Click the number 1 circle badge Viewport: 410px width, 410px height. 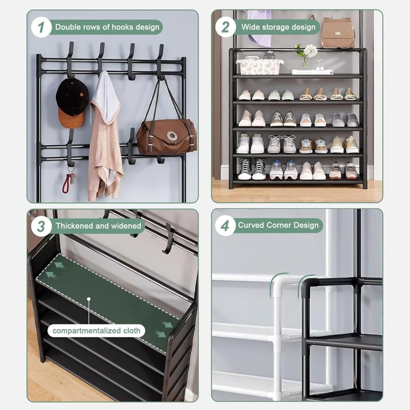coord(41,27)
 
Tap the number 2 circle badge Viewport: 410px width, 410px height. coord(225,27)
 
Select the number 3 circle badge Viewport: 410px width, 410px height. coord(41,226)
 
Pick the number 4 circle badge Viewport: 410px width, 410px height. coord(225,225)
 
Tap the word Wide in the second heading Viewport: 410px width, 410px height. coord(251,27)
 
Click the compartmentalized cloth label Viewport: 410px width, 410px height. coord(96,331)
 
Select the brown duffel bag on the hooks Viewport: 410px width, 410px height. coord(166,137)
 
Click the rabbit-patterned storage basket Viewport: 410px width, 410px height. coord(260,66)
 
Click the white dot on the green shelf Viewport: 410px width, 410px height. coord(89,299)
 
